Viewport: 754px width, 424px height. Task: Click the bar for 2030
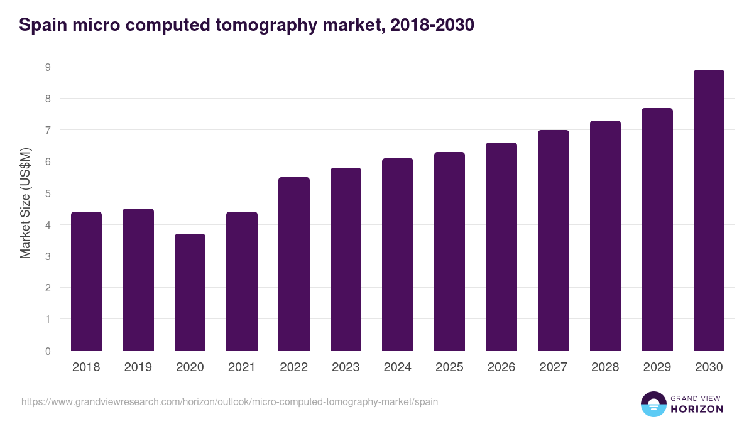[x=709, y=210]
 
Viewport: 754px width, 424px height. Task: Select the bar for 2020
[x=190, y=292]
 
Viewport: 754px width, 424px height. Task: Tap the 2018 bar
[x=86, y=281]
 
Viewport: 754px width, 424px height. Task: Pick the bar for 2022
[x=293, y=264]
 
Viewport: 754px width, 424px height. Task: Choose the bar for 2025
[x=449, y=251]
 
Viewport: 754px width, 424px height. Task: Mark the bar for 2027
[x=553, y=241]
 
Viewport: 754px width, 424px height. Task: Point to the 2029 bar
[x=657, y=229]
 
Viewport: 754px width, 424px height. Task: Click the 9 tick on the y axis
[x=48, y=67]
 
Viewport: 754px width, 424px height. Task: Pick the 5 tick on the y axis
[x=48, y=193]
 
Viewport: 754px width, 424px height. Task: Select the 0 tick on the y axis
[x=48, y=351]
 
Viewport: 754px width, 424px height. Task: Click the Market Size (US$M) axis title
[x=25, y=204]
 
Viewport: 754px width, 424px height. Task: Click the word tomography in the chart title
[x=249, y=25]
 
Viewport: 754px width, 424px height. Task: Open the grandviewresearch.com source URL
[x=229, y=401]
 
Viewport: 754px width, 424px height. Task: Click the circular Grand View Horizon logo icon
[x=653, y=404]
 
